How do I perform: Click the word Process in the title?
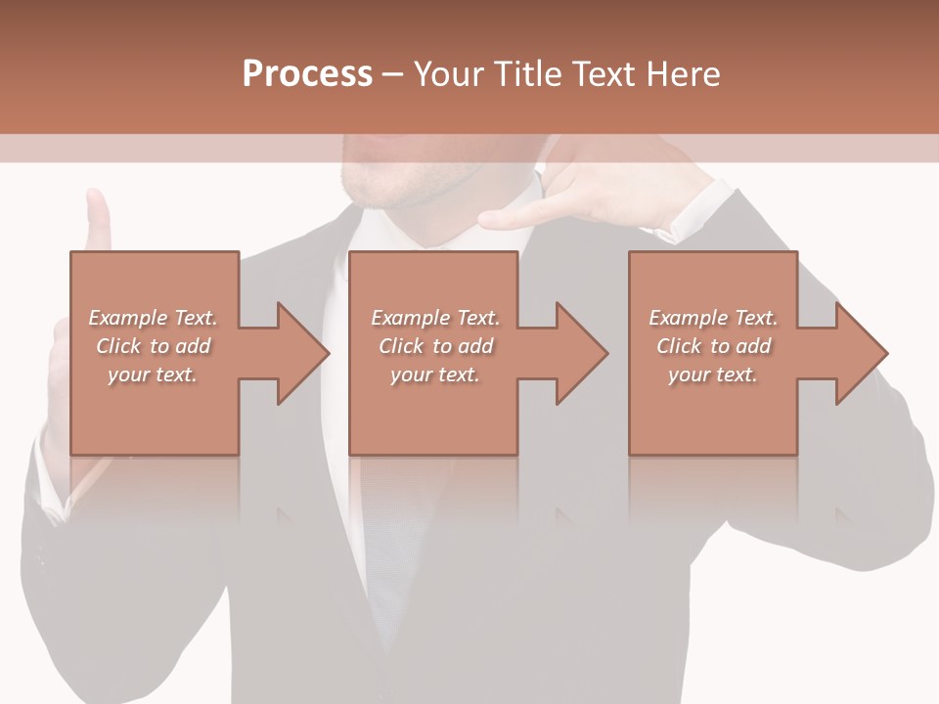tap(307, 74)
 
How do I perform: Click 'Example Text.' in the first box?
tap(153, 318)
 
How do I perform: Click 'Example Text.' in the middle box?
tap(434, 318)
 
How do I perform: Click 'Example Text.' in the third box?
tap(713, 318)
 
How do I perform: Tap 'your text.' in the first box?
tap(153, 374)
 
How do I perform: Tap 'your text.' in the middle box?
tap(434, 374)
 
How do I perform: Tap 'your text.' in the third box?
tap(713, 374)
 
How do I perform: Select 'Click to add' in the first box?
tap(153, 346)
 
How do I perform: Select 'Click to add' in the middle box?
tap(434, 346)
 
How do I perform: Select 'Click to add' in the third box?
tap(713, 346)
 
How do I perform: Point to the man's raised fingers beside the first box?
tap(98, 220)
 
